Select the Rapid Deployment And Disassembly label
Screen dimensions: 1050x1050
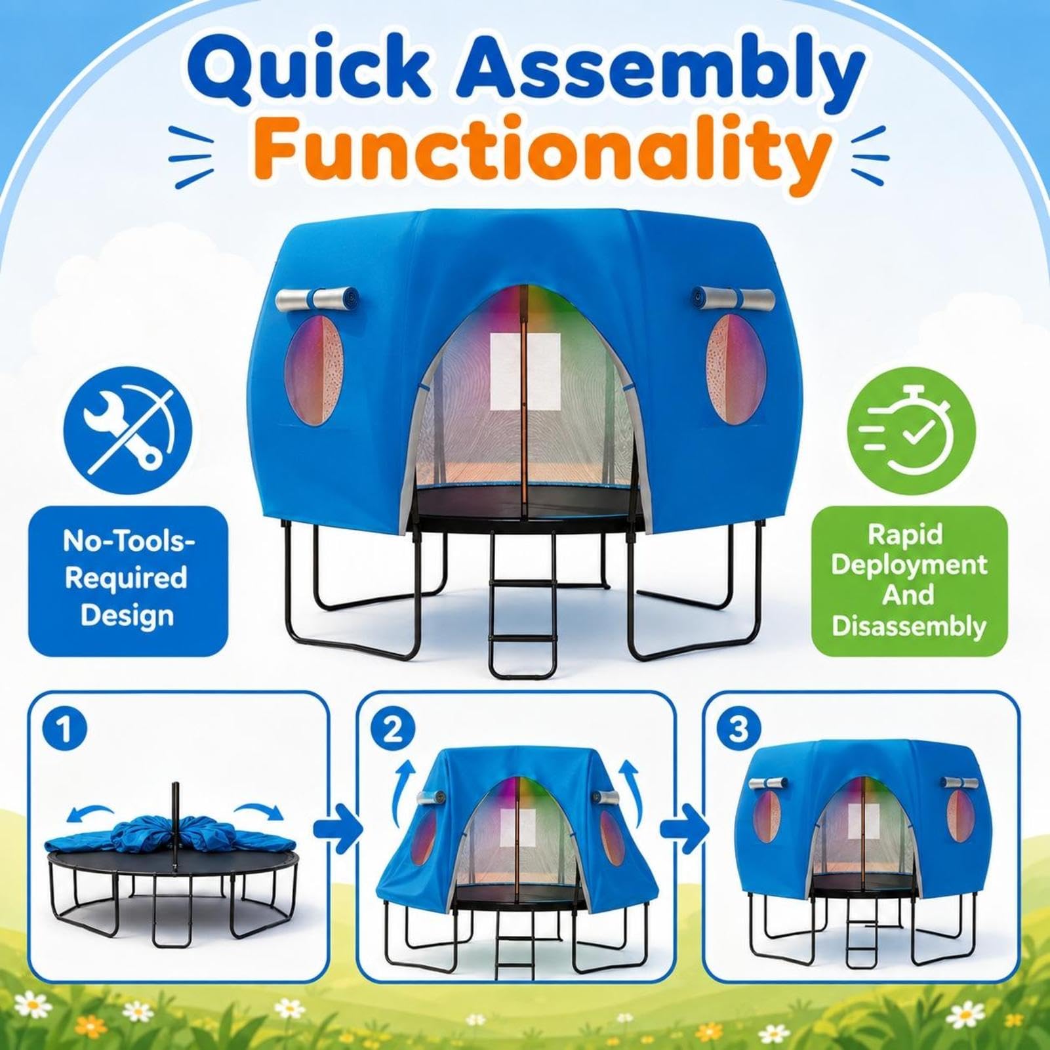click(x=910, y=580)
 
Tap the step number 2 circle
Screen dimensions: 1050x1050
click(x=392, y=729)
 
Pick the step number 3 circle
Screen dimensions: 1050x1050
click(x=739, y=729)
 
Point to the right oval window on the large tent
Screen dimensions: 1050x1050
click(x=736, y=369)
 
